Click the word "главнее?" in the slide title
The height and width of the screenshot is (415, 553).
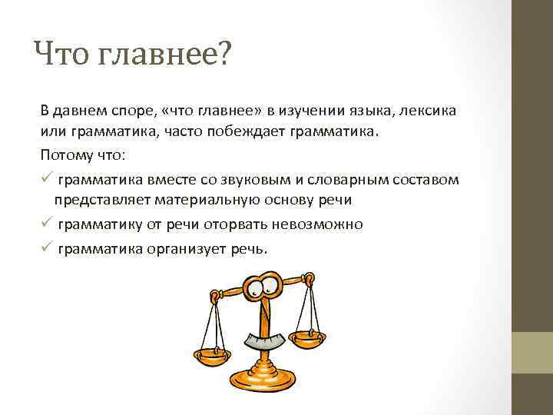click(163, 55)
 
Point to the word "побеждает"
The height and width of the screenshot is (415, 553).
click(253, 131)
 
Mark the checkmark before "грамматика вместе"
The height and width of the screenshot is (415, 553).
click(46, 179)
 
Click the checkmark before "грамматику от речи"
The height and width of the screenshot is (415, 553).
click(46, 224)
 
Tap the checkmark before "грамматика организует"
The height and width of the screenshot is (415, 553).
click(46, 248)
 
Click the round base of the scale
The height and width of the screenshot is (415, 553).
click(266, 378)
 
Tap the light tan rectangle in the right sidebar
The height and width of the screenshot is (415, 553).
click(532, 353)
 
